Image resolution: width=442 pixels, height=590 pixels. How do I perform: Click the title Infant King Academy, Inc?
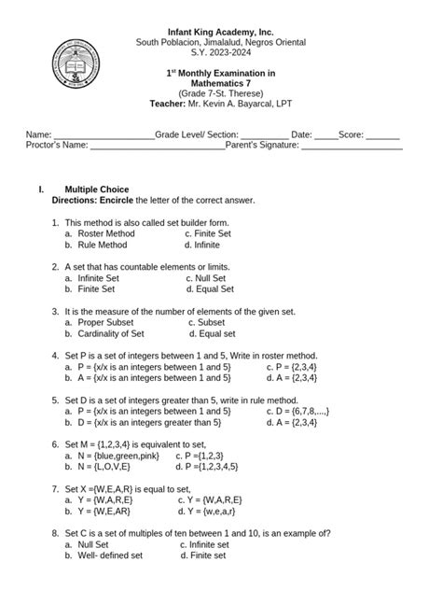(x=220, y=33)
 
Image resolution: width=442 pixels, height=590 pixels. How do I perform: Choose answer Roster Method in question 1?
(x=106, y=233)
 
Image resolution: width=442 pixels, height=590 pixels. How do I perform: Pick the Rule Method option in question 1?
(x=103, y=245)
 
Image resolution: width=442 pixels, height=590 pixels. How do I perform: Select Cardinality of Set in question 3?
(x=111, y=333)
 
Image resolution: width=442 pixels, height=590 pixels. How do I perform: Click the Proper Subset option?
(x=106, y=322)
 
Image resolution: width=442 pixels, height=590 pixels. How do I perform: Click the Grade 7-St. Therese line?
(x=220, y=94)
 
